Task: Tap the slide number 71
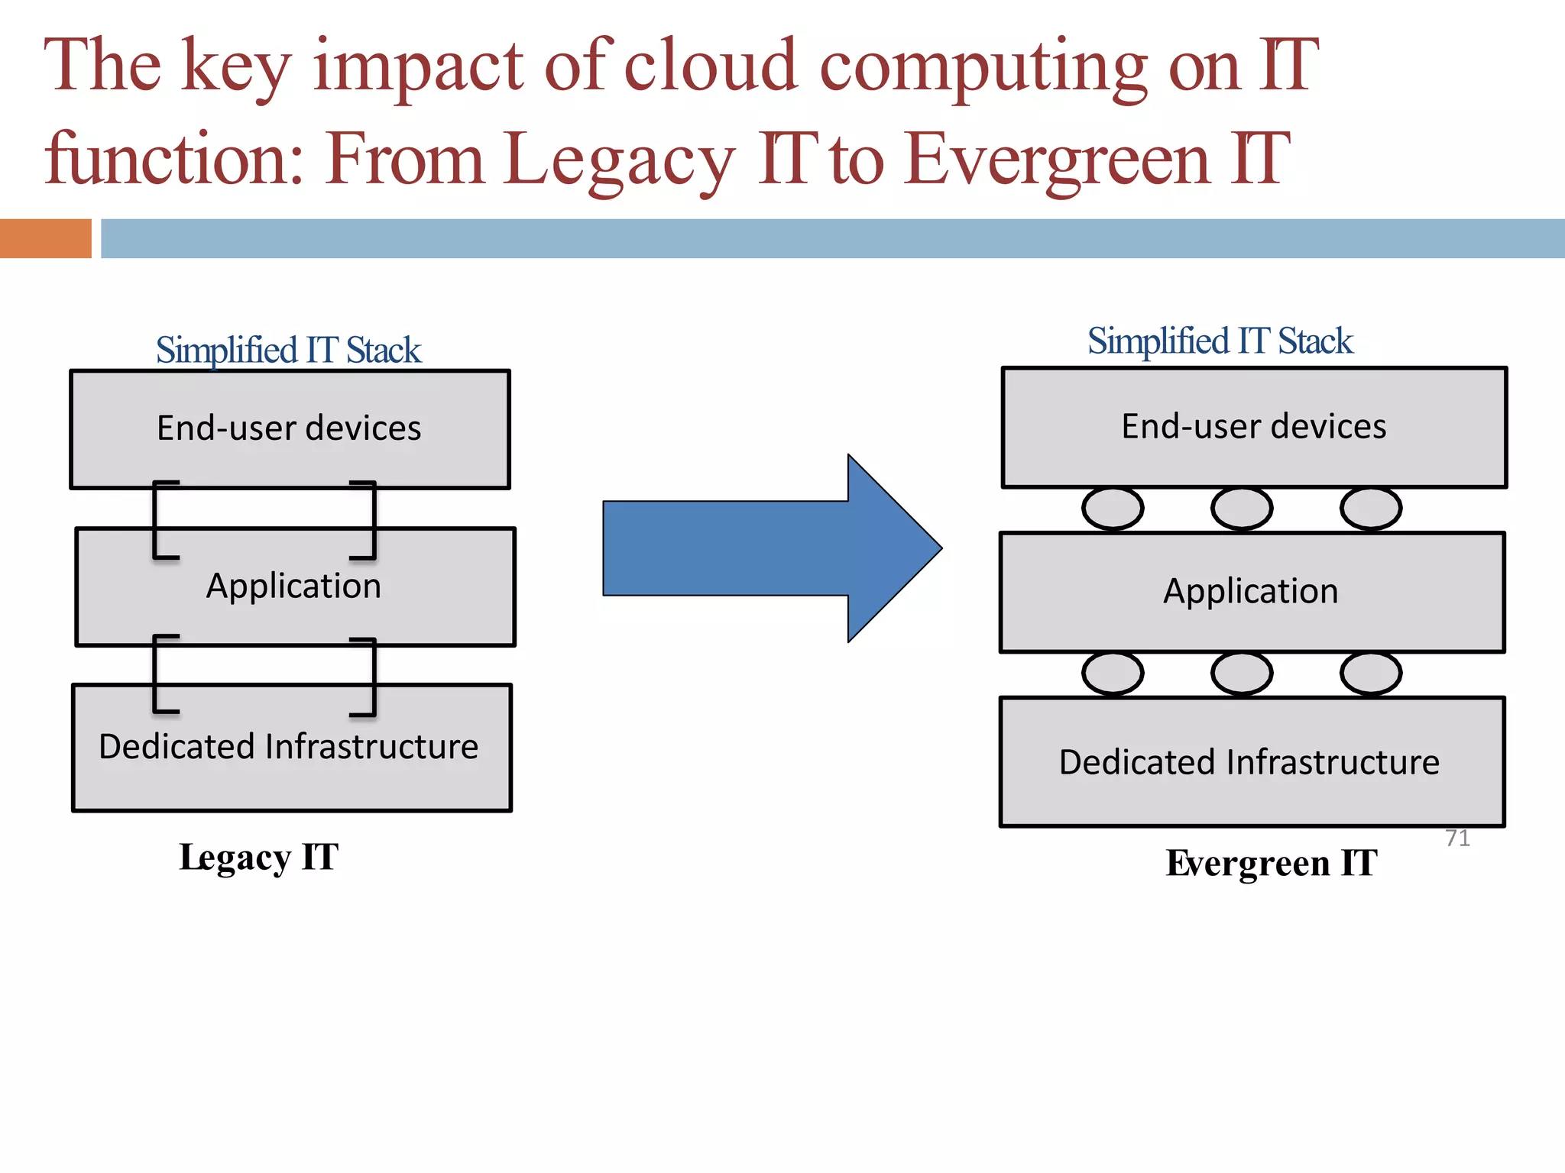(x=1457, y=838)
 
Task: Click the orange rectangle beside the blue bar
(x=45, y=238)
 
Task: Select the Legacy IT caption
(x=258, y=857)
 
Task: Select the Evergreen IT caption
(x=1272, y=863)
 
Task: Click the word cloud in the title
(x=711, y=66)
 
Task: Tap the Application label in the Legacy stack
(x=293, y=586)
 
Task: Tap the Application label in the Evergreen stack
(x=1251, y=591)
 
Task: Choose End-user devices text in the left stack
(x=289, y=428)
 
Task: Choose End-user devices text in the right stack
(x=1253, y=426)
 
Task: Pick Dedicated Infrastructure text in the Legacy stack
(x=289, y=746)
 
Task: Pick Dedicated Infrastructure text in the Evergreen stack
(x=1249, y=762)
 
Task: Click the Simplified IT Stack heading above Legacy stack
(x=288, y=350)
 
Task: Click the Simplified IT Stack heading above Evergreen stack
(x=1220, y=341)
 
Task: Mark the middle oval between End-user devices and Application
(x=1242, y=509)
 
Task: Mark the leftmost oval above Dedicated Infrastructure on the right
(x=1113, y=674)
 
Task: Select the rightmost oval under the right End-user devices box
(x=1371, y=509)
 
